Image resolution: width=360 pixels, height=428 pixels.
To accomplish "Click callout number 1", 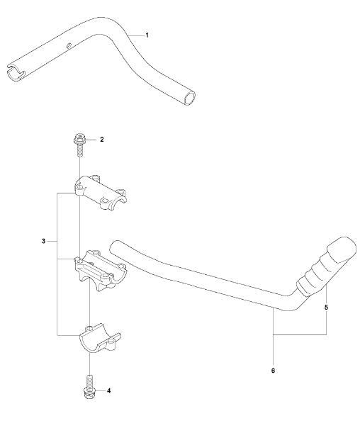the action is tap(147, 35).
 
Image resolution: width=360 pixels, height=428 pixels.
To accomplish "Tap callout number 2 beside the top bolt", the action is tap(102, 140).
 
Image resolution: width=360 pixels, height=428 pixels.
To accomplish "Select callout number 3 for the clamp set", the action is tap(43, 242).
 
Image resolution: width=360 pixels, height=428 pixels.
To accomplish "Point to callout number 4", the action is tap(108, 391).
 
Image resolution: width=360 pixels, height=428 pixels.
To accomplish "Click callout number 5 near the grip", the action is tap(326, 308).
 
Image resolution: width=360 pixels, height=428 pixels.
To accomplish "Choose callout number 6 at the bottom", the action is tap(274, 371).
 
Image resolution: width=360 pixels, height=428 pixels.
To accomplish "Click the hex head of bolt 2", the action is tap(79, 140).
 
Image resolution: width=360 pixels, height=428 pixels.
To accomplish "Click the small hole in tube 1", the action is tap(69, 45).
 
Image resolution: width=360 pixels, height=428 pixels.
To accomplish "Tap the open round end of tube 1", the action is tap(189, 98).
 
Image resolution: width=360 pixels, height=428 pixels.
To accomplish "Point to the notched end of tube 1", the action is tap(15, 72).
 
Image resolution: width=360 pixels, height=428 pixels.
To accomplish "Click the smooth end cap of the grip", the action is tap(342, 249).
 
